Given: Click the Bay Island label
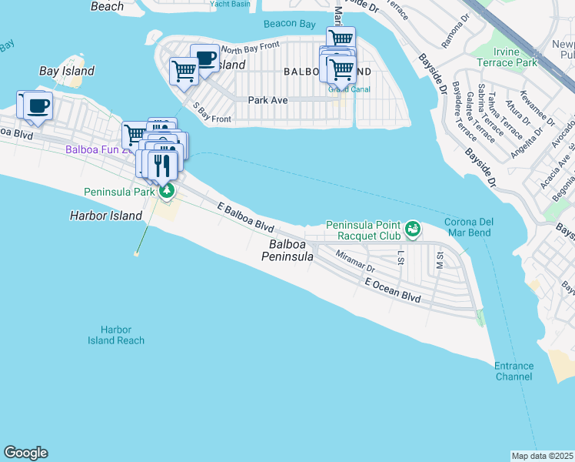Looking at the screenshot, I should pyautogui.click(x=67, y=71).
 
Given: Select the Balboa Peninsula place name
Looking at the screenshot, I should pyautogui.click(x=291, y=250).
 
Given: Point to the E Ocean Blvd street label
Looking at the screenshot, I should pyautogui.click(x=393, y=290).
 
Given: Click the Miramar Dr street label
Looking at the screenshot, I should pyautogui.click(x=354, y=262).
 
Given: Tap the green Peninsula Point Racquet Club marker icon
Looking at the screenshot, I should pyautogui.click(x=413, y=228).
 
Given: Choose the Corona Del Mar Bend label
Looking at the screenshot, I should pyautogui.click(x=469, y=228).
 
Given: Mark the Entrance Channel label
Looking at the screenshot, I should pyautogui.click(x=514, y=371).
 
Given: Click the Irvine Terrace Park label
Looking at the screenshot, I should pyautogui.click(x=506, y=56).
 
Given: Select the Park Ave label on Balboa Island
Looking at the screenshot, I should pyautogui.click(x=268, y=100).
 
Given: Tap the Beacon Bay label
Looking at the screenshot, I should pyautogui.click(x=289, y=25).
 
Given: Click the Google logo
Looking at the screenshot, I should pyautogui.click(x=25, y=453).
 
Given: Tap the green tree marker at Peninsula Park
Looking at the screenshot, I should pyautogui.click(x=166, y=191).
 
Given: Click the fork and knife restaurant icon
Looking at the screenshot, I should pyautogui.click(x=161, y=165).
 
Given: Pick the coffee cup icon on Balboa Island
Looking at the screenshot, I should pyautogui.click(x=204, y=59).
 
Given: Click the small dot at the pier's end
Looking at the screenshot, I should pyautogui.click(x=137, y=253).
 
